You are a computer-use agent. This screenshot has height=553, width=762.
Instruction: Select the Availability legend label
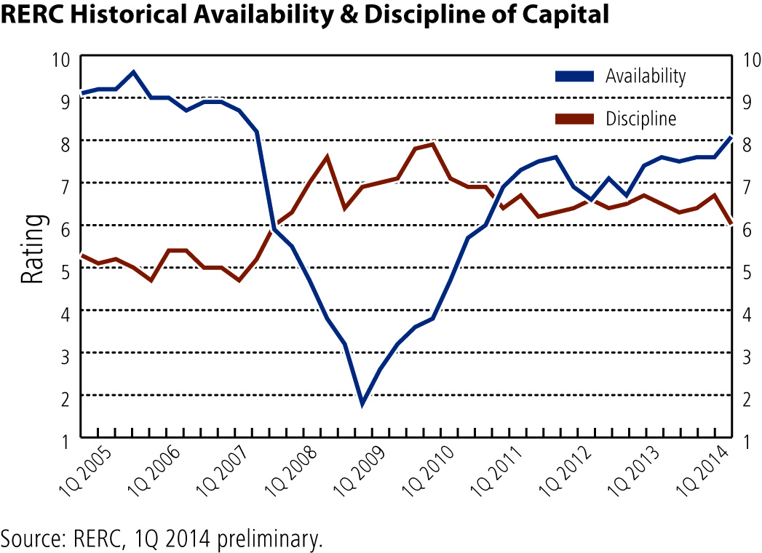646,76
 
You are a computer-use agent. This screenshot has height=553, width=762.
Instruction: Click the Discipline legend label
640,119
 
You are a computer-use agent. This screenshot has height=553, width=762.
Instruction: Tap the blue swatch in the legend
574,76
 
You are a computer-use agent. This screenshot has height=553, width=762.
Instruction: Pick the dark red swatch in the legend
574,119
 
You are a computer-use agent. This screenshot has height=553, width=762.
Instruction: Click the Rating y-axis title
32,250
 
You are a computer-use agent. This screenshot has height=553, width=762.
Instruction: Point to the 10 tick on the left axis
60,60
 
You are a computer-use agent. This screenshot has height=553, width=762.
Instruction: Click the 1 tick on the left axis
66,442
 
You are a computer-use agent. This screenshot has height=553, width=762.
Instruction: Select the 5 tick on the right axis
746,272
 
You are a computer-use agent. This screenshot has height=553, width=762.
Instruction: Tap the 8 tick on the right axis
746,145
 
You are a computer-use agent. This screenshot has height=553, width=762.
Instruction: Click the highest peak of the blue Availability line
133,73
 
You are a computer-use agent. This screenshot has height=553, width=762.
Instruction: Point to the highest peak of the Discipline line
432,144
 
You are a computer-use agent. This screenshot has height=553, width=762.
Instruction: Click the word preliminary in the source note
270,539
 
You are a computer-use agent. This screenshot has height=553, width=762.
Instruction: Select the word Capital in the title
565,15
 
